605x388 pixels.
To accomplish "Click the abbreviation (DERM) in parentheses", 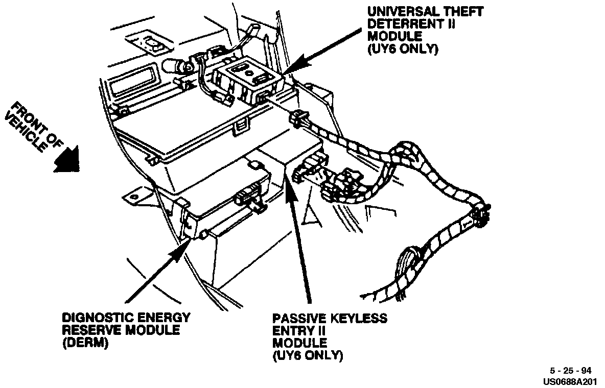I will click(85, 343).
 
